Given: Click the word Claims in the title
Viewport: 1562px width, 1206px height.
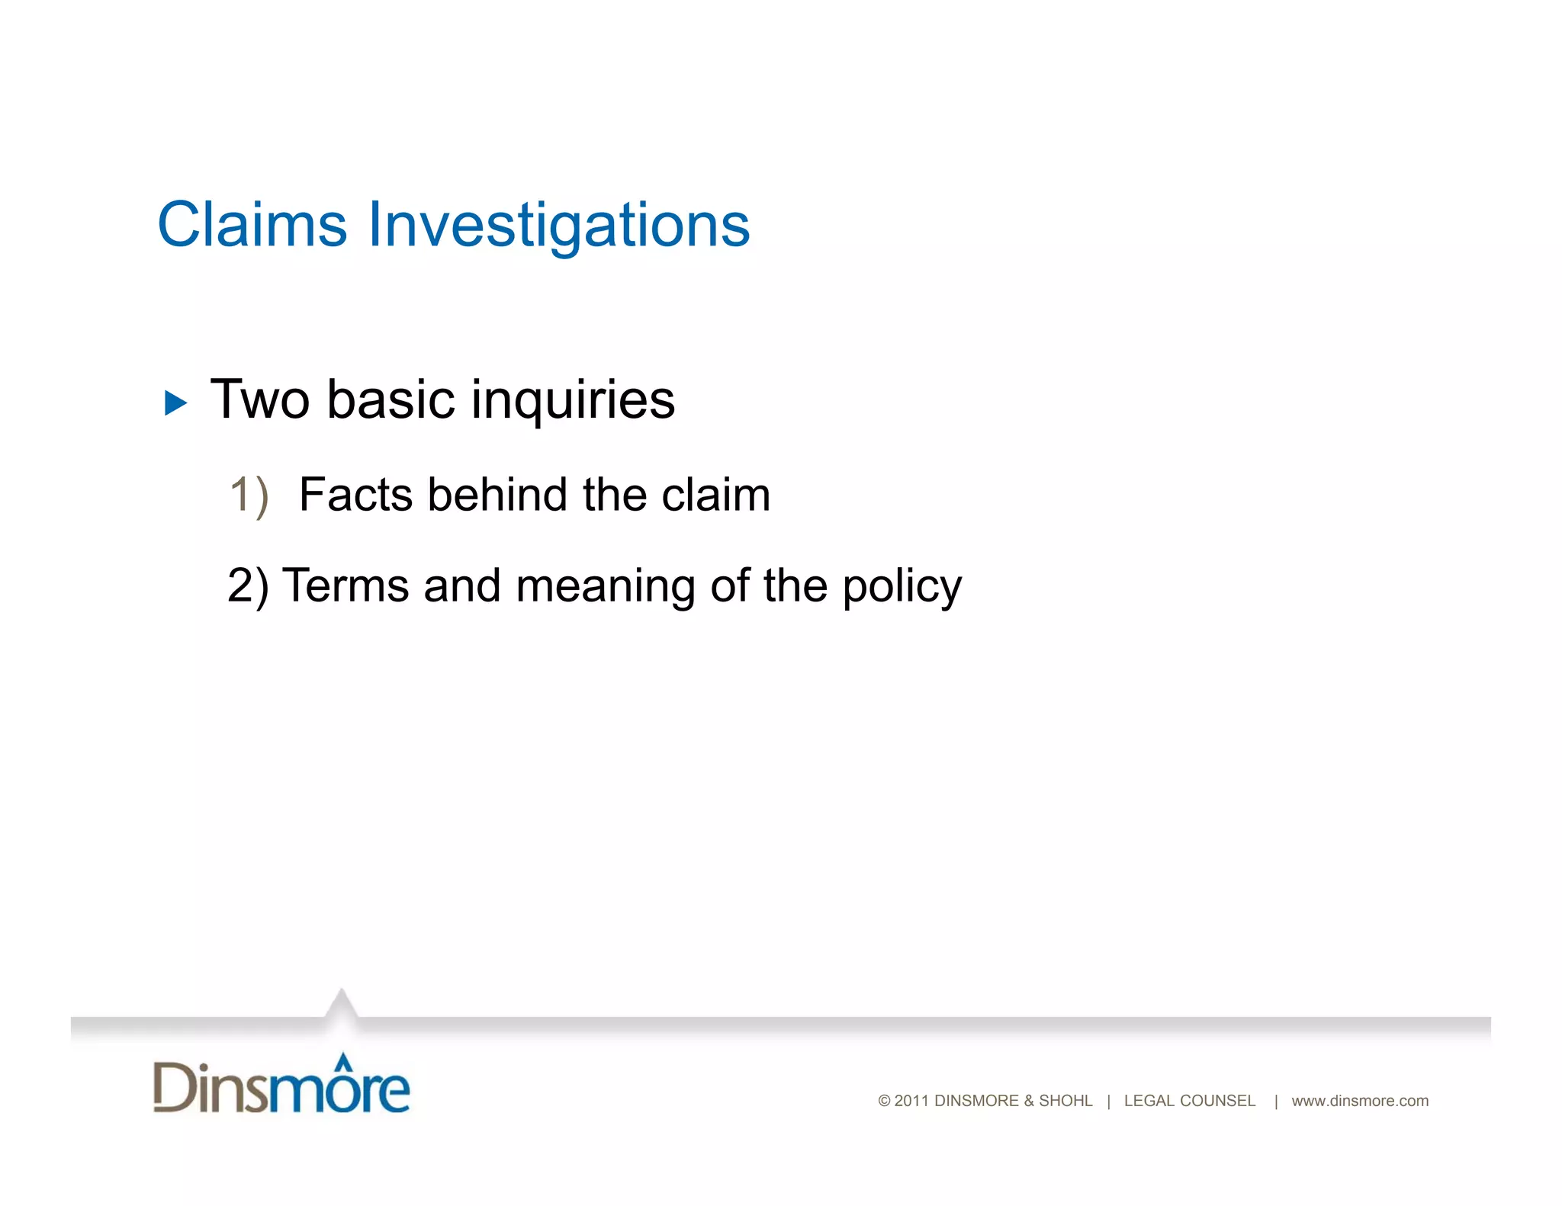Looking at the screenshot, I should [252, 225].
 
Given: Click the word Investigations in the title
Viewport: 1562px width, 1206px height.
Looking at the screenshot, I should [559, 226].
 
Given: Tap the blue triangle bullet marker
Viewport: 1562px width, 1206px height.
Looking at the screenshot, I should [175, 403].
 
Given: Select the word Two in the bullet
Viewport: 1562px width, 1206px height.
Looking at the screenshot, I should [259, 399].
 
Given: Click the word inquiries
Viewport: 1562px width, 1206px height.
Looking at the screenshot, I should [573, 401].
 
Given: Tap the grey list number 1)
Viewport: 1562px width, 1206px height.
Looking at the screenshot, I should [249, 496].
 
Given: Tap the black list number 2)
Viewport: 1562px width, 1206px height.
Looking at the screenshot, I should [248, 586].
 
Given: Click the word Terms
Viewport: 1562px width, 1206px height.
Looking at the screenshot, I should [346, 586].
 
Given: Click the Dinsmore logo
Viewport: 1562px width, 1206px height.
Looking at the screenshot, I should [281, 1086].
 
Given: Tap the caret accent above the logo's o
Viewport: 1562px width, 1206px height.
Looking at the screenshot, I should [344, 1060].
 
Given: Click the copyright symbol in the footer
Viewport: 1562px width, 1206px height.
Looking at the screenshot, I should [884, 1101].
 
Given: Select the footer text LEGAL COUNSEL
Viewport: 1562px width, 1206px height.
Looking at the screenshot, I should [1189, 1101].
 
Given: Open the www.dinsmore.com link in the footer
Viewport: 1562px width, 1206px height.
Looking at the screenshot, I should [1359, 1101].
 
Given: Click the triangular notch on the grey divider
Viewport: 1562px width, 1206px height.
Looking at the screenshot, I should [341, 1005].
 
